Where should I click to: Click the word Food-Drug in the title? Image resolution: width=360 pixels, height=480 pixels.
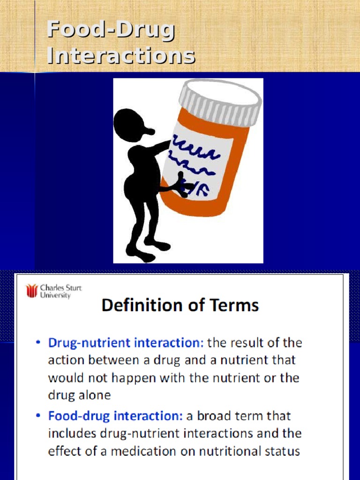[111, 30]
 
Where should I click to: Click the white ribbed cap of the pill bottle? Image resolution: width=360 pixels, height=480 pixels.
[221, 103]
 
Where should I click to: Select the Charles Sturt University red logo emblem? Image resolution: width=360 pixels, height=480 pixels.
[31, 291]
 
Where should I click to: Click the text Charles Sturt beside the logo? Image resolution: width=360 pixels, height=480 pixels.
[61, 288]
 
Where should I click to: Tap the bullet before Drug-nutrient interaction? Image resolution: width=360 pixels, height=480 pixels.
[38, 342]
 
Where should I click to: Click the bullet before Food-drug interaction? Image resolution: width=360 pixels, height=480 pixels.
[38, 416]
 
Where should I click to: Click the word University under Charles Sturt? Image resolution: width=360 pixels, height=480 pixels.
[55, 295]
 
